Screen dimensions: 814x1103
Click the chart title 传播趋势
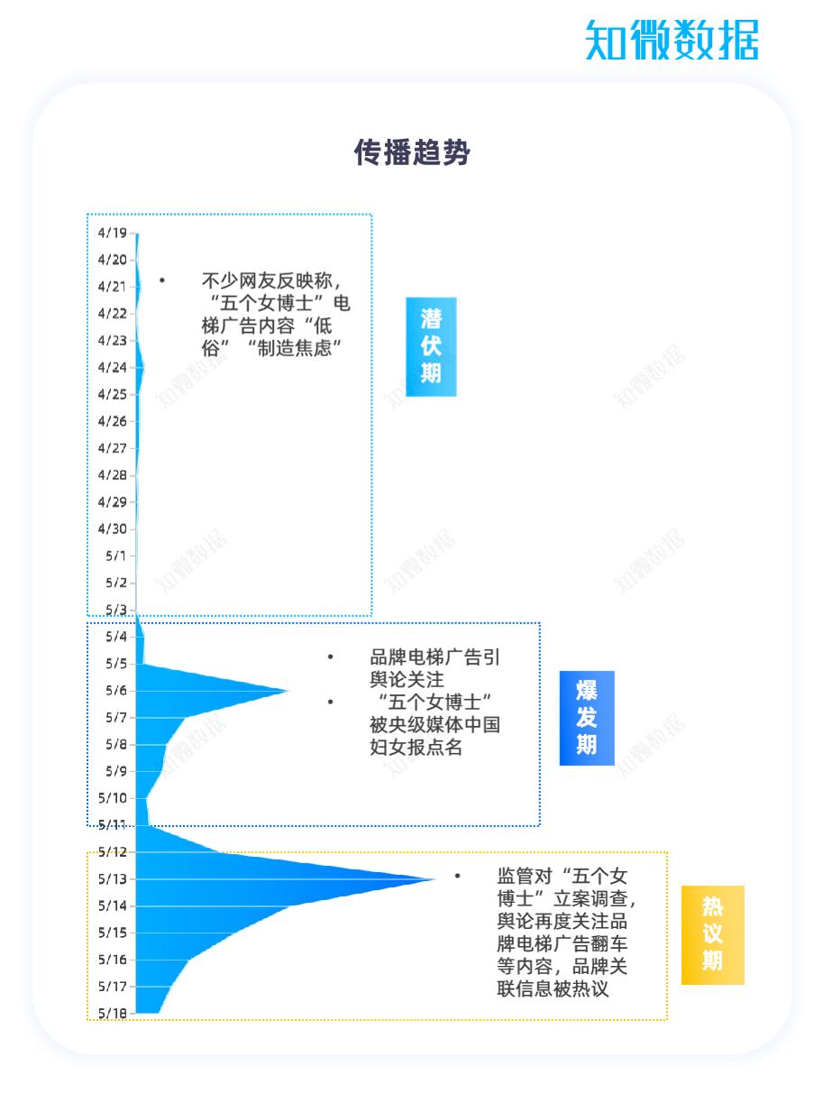(x=411, y=152)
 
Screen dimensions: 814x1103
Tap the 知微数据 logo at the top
(x=672, y=40)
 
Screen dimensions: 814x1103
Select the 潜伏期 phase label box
(x=431, y=346)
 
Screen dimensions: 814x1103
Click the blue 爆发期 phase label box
(x=587, y=718)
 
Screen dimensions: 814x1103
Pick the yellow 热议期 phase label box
(x=712, y=935)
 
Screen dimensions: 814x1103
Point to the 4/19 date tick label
(x=113, y=233)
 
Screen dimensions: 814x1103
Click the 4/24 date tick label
(x=113, y=367)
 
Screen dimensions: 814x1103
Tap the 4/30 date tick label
(x=113, y=529)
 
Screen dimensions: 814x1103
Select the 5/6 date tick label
(x=116, y=690)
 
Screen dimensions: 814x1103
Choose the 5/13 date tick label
(x=113, y=879)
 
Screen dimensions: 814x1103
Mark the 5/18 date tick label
(x=113, y=1013)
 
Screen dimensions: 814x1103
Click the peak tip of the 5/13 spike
(x=435, y=879)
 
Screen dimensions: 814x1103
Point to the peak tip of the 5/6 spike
(x=288, y=690)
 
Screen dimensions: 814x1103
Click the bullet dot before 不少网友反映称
(x=161, y=280)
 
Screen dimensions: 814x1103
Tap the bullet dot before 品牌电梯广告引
(x=331, y=657)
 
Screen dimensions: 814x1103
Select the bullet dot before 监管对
(x=457, y=876)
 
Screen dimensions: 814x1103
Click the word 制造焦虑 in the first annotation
(x=294, y=348)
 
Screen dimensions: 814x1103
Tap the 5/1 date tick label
(x=116, y=556)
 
